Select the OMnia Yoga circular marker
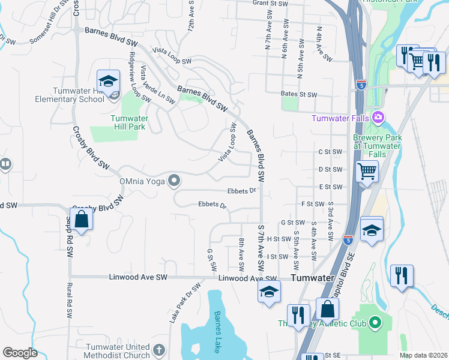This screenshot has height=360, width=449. (x=174, y=179)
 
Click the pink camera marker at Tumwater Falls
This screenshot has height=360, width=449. (x=378, y=116)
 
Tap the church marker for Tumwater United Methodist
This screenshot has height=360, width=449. (x=158, y=349)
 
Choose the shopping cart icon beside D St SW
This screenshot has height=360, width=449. (x=367, y=172)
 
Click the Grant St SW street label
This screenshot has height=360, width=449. (x=270, y=4)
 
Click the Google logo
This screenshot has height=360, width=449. (x=20, y=353)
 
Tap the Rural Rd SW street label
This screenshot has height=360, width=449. (x=70, y=300)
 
